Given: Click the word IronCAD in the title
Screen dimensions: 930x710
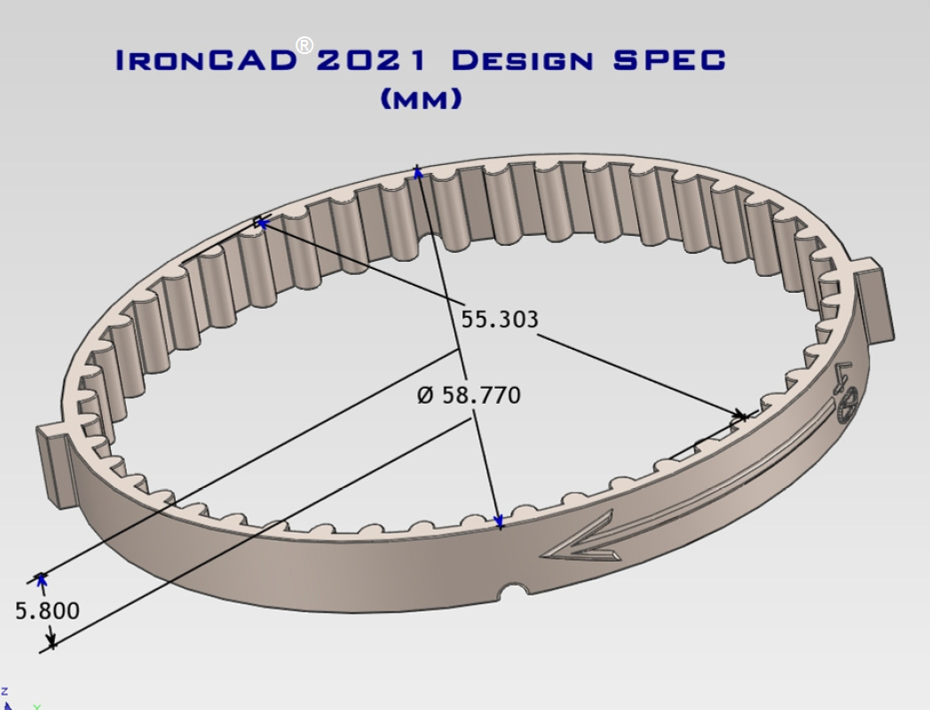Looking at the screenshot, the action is tap(206, 60).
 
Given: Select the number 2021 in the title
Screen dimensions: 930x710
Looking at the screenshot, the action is tap(371, 60).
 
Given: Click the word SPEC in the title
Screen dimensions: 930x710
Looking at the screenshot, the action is tap(670, 60).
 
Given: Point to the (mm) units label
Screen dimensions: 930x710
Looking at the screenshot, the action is tap(422, 99).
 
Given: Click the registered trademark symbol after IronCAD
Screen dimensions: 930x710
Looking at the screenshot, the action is tap(304, 45).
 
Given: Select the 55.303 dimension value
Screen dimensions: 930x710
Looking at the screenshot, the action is tap(500, 319).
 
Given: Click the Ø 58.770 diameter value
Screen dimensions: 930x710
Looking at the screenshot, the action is tap(469, 395).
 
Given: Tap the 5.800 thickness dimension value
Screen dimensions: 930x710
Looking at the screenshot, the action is tap(47, 611).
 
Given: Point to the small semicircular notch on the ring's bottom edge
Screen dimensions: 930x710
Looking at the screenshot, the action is tap(514, 590).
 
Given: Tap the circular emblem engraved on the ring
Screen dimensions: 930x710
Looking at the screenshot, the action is tap(847, 405).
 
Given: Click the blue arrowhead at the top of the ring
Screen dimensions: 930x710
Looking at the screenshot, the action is tap(418, 172).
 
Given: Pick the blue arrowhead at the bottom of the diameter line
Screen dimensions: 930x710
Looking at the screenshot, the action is tap(499, 521).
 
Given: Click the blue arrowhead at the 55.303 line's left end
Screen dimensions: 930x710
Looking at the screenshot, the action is tap(263, 223).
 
